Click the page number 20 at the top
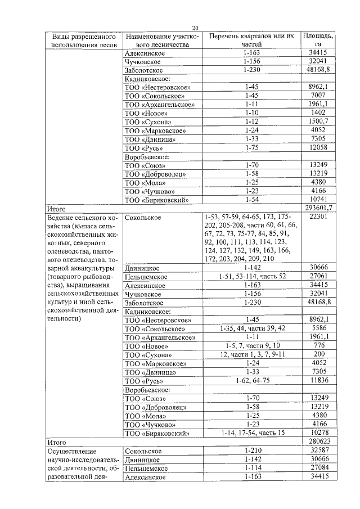click(195, 28)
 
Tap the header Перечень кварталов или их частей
click(251, 40)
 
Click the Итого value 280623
click(318, 442)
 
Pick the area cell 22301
click(318, 217)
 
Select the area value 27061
click(318, 276)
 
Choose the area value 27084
click(318, 468)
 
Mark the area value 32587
click(318, 451)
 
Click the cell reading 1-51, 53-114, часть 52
click(251, 276)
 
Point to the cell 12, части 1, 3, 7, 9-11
click(251, 354)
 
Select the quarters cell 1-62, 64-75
click(251, 381)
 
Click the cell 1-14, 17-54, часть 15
click(251, 433)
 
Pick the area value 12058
click(318, 147)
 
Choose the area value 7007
click(318, 96)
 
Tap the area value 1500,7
click(318, 121)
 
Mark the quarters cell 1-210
click(251, 451)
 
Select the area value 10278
click(318, 433)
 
